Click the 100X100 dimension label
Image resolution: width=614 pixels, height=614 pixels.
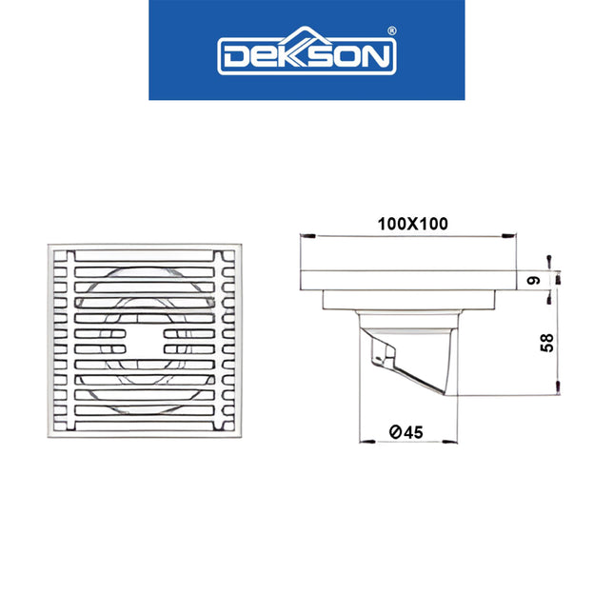click(x=411, y=224)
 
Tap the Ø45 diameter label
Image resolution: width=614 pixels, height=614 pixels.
click(x=406, y=432)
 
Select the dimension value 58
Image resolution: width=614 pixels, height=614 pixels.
click(x=546, y=343)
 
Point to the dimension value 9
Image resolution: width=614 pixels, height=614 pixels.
click(x=535, y=281)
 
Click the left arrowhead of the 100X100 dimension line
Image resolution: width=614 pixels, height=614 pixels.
click(x=305, y=235)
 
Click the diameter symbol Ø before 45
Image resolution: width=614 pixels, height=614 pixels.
click(x=394, y=432)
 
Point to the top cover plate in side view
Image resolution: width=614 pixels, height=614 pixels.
click(x=409, y=280)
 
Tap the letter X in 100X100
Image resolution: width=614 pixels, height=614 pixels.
click(x=411, y=224)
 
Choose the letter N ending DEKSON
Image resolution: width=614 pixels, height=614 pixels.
click(x=376, y=57)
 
